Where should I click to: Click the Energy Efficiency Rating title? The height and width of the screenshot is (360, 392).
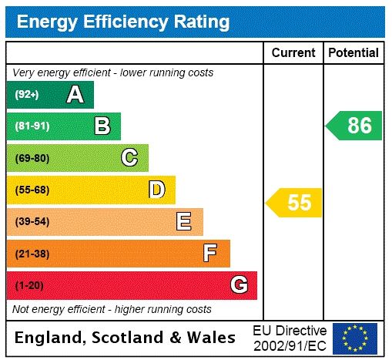click(x=123, y=22)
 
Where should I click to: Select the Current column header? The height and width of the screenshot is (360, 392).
click(x=293, y=53)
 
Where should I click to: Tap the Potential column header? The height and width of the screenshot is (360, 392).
click(x=353, y=53)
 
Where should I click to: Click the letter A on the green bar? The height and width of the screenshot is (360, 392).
click(x=75, y=95)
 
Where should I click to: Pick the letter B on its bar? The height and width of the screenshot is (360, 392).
click(x=102, y=126)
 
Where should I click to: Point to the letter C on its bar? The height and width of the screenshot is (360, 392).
click(x=129, y=158)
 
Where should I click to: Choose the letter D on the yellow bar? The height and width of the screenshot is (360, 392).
click(x=157, y=190)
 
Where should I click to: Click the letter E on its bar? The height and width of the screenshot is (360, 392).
click(x=184, y=222)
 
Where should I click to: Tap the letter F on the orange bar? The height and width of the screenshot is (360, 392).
click(x=209, y=253)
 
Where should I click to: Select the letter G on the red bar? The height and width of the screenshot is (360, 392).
click(x=239, y=285)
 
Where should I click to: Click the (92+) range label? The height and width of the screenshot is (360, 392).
click(x=27, y=95)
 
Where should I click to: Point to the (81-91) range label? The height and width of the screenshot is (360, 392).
click(x=32, y=126)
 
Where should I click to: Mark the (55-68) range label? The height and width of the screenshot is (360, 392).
click(x=32, y=190)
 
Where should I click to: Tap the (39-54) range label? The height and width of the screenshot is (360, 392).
click(x=32, y=222)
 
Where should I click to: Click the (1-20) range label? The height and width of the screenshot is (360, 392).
click(x=29, y=285)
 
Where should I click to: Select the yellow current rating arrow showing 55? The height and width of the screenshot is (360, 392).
click(x=295, y=203)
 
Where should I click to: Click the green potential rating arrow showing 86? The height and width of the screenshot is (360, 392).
click(x=355, y=126)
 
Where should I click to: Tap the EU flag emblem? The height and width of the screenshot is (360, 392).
click(x=355, y=338)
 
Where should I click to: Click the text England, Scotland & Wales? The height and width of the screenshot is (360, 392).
click(x=126, y=338)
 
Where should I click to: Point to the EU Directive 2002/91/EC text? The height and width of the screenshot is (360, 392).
click(x=290, y=338)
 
